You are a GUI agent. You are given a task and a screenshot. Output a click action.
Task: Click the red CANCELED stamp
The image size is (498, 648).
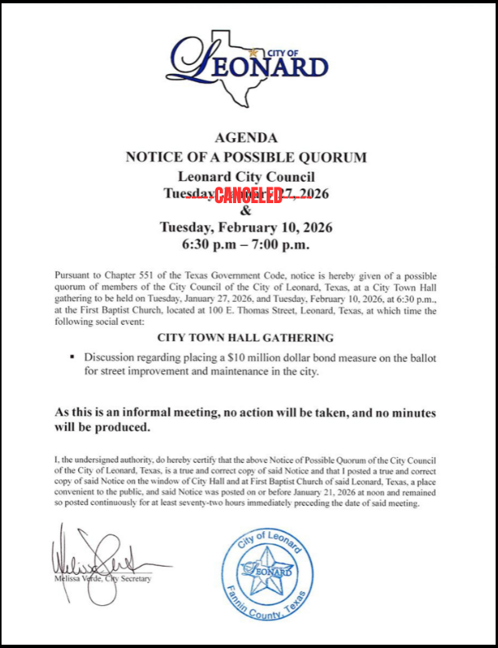249,194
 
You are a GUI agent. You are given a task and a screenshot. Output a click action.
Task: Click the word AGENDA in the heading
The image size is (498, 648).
246,137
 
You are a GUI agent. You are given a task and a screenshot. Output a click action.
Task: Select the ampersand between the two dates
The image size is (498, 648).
246,211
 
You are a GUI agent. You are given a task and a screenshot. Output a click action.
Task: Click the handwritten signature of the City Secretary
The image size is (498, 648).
99,559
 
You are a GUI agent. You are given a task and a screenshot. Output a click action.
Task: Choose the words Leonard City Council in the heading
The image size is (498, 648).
246,176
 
